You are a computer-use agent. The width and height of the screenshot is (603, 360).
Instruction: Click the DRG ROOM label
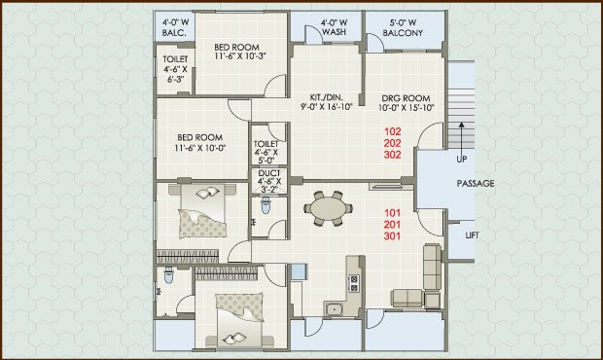pyautogui.click(x=406, y=103)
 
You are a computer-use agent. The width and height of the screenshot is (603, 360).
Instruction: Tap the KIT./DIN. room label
pyautogui.click(x=326, y=102)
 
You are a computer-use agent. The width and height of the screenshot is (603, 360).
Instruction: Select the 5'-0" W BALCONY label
pyautogui.click(x=403, y=28)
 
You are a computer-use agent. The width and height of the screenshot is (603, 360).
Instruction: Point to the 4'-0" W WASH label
pyautogui.click(x=334, y=27)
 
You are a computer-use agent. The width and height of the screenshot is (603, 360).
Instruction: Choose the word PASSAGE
pyautogui.click(x=476, y=184)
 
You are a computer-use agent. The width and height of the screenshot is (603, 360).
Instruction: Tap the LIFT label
pyautogui.click(x=472, y=235)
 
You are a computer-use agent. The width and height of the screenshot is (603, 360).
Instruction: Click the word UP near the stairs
pyautogui.click(x=461, y=159)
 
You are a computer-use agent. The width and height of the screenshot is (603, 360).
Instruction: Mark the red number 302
pyautogui.click(x=392, y=155)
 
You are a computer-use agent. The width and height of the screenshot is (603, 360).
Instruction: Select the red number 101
pyautogui.click(x=392, y=213)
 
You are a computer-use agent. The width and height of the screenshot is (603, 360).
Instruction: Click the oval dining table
pyautogui.click(x=328, y=209)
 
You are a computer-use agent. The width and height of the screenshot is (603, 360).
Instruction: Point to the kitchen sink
pyautogui.click(x=335, y=308)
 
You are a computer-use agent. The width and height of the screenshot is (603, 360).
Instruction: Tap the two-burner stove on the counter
pyautogui.click(x=354, y=283)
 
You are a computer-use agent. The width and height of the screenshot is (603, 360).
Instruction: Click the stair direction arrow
pyautogui.click(x=461, y=135)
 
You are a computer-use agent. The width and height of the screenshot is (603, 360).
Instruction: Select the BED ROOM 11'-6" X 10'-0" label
pyautogui.click(x=199, y=142)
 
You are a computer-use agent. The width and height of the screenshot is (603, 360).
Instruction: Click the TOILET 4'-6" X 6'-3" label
pyautogui.click(x=175, y=69)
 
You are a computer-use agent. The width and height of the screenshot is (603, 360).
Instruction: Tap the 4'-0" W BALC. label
pyautogui.click(x=175, y=27)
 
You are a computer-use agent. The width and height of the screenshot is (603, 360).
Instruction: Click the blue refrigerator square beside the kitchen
pyautogui.click(x=299, y=271)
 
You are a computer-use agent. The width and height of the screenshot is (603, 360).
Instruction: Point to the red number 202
pyautogui.click(x=392, y=143)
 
